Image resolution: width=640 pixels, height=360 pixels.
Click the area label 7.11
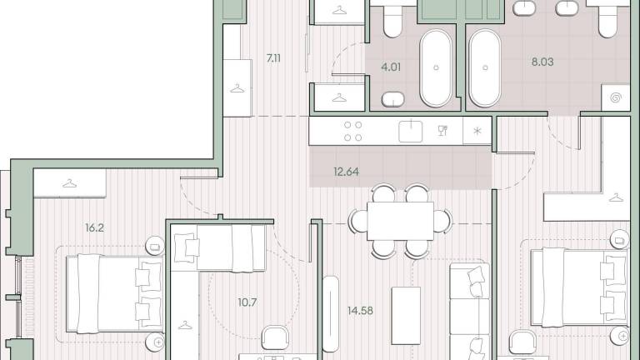[273, 58]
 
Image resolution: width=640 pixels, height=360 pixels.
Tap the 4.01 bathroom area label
[391, 67]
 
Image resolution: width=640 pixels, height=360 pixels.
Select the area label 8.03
[542, 62]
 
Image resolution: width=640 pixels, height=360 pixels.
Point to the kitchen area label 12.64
[346, 172]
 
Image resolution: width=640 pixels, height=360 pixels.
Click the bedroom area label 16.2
[94, 227]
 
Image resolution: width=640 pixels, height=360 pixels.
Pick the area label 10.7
[247, 302]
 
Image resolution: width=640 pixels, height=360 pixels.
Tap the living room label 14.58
[360, 311]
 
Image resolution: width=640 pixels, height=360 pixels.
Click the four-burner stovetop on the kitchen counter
[353, 132]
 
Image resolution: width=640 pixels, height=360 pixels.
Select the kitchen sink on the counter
[411, 131]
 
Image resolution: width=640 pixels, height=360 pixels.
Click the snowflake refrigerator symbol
[477, 131]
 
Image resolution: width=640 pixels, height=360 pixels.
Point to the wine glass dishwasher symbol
[442, 131]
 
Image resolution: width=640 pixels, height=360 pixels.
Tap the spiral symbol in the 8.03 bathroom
[616, 98]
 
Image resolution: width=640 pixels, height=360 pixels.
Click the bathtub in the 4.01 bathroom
[436, 67]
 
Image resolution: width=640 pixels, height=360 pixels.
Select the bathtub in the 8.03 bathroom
[485, 67]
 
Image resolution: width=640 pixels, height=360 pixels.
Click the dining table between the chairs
[400, 221]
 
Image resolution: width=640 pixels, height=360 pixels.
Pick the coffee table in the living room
[406, 316]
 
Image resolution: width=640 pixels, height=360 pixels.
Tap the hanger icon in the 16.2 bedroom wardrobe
[70, 183]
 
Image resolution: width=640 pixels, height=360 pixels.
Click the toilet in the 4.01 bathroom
[393, 20]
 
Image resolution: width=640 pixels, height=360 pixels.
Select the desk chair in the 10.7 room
[275, 337]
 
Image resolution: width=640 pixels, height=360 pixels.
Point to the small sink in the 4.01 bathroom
[393, 99]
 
